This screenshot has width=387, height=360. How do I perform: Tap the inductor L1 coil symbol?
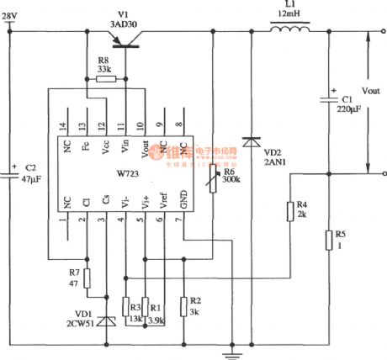coord(289,31)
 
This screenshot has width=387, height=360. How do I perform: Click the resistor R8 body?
coord(105,78)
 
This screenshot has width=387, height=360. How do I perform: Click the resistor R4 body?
coord(291,210)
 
